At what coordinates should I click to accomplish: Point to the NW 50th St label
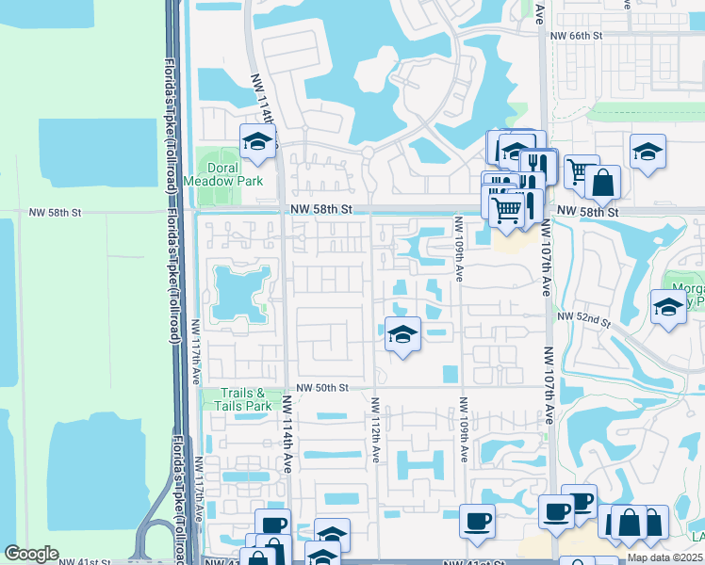click(322, 387)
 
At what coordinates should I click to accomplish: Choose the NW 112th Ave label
click(375, 428)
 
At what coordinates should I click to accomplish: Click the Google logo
click(31, 554)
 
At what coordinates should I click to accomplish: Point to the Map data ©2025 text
click(665, 557)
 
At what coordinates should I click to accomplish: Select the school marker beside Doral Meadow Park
click(257, 142)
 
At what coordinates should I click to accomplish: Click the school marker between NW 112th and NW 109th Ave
click(402, 334)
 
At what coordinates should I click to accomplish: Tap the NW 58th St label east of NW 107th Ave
click(585, 213)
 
